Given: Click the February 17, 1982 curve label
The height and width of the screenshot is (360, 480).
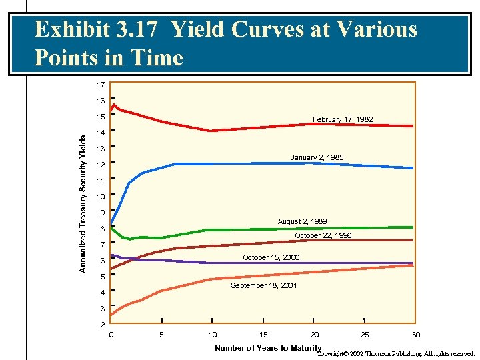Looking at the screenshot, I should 343,119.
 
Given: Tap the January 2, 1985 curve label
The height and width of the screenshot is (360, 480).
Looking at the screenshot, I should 317,157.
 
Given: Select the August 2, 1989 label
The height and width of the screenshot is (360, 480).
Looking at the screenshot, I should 302,221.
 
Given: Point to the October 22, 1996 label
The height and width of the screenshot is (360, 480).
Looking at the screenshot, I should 323,236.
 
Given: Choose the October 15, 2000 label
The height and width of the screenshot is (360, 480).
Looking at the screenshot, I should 271,257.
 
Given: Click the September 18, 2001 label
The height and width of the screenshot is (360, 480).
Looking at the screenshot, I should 264,285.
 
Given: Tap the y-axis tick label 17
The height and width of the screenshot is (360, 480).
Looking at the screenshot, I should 101,85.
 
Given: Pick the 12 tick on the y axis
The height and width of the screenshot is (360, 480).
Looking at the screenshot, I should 101,165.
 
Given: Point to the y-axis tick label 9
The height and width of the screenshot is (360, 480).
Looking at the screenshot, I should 103,213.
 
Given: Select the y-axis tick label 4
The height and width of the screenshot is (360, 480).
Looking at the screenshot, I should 103,293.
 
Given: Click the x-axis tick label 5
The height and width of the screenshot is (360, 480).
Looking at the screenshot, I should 161,335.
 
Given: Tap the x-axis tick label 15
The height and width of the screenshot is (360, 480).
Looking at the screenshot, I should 263,335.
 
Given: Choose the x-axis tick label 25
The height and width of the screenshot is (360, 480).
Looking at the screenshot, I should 365,335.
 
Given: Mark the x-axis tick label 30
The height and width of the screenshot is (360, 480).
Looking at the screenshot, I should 416,335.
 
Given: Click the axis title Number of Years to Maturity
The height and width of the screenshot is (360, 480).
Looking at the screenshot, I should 268,347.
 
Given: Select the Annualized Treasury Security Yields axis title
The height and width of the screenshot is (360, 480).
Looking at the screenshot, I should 83,203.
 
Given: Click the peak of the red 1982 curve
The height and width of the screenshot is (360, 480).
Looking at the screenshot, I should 115,104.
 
